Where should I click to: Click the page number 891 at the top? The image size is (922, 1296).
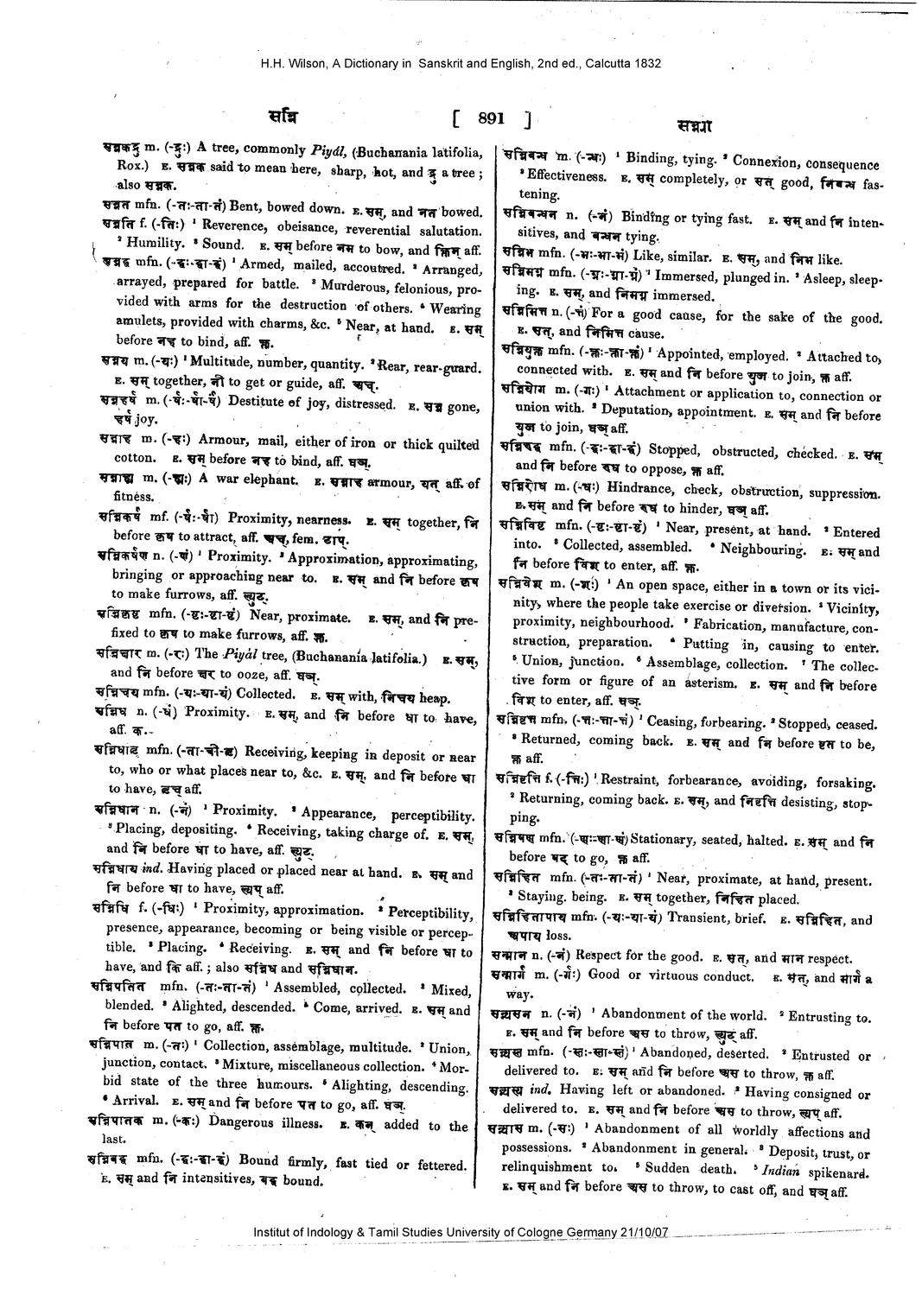click(490, 119)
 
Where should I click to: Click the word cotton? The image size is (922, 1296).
click(134, 459)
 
